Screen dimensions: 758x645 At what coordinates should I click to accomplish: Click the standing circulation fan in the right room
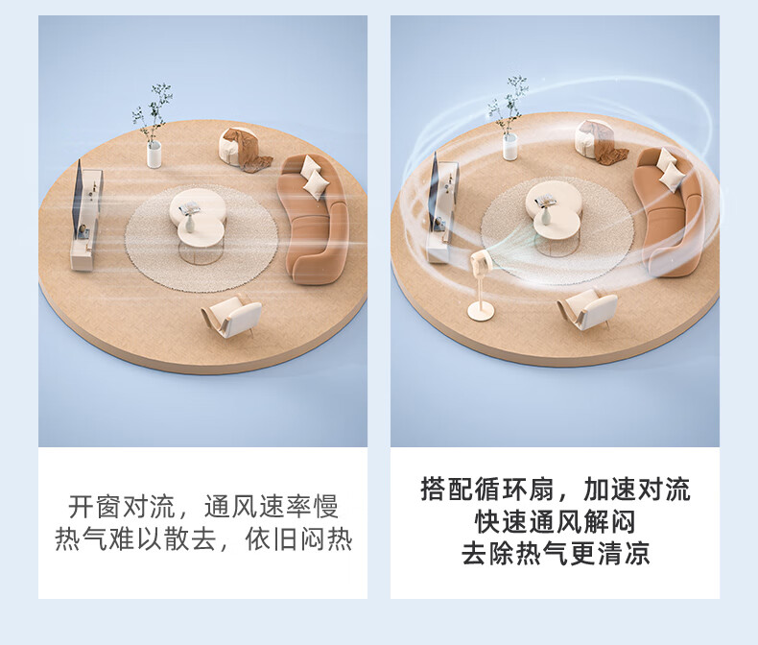[480, 285]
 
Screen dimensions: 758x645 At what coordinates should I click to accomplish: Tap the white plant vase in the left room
[154, 154]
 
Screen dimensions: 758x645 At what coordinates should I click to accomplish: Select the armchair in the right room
[587, 308]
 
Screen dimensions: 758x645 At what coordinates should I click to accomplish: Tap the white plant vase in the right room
[510, 147]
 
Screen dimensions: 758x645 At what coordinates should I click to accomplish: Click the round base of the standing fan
[480, 311]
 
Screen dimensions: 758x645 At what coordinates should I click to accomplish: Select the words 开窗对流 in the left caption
[121, 506]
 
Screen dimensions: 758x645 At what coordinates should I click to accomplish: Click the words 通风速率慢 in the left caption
[271, 506]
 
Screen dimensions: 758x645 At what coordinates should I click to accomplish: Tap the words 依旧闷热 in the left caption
[298, 539]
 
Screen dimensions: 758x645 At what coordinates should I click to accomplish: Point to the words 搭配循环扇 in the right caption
[487, 490]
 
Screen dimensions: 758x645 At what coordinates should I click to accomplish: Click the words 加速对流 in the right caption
[637, 490]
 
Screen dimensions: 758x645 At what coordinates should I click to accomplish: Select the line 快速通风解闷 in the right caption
[555, 522]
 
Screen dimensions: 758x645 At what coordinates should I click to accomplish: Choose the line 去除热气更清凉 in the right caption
[555, 554]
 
